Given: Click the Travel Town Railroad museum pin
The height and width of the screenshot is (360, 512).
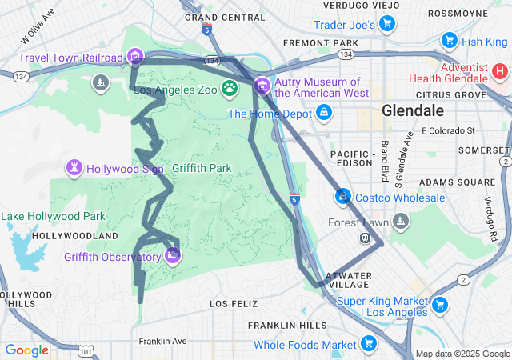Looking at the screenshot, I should tap(135, 57).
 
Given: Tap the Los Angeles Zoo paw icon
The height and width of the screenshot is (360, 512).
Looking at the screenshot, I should tap(230, 89).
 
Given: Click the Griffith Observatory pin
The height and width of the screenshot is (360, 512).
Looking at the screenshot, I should tap(173, 256).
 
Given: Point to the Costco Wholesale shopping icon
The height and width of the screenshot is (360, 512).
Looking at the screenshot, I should tap(342, 197).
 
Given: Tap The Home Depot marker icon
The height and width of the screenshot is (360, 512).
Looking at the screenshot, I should tap(323, 114).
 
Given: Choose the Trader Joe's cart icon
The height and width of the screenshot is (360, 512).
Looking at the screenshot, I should tap(387, 25).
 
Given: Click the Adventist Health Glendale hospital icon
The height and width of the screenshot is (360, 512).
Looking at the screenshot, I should tap(500, 71).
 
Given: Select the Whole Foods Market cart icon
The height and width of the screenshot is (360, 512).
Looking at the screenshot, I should tap(368, 345).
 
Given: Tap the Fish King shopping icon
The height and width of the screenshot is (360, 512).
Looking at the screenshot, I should tap(449, 41).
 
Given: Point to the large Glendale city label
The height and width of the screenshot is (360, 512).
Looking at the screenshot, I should tap(412, 111).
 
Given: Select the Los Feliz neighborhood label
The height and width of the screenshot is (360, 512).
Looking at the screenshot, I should tap(234, 304).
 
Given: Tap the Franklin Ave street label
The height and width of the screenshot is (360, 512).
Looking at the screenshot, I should tap(162, 341).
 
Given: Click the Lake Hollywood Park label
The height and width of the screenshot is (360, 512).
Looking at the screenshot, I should tap(53, 216).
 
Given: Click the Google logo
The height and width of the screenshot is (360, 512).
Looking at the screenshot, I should tap(27, 350).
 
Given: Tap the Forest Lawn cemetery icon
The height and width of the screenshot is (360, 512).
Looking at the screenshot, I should tap(401, 222).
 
